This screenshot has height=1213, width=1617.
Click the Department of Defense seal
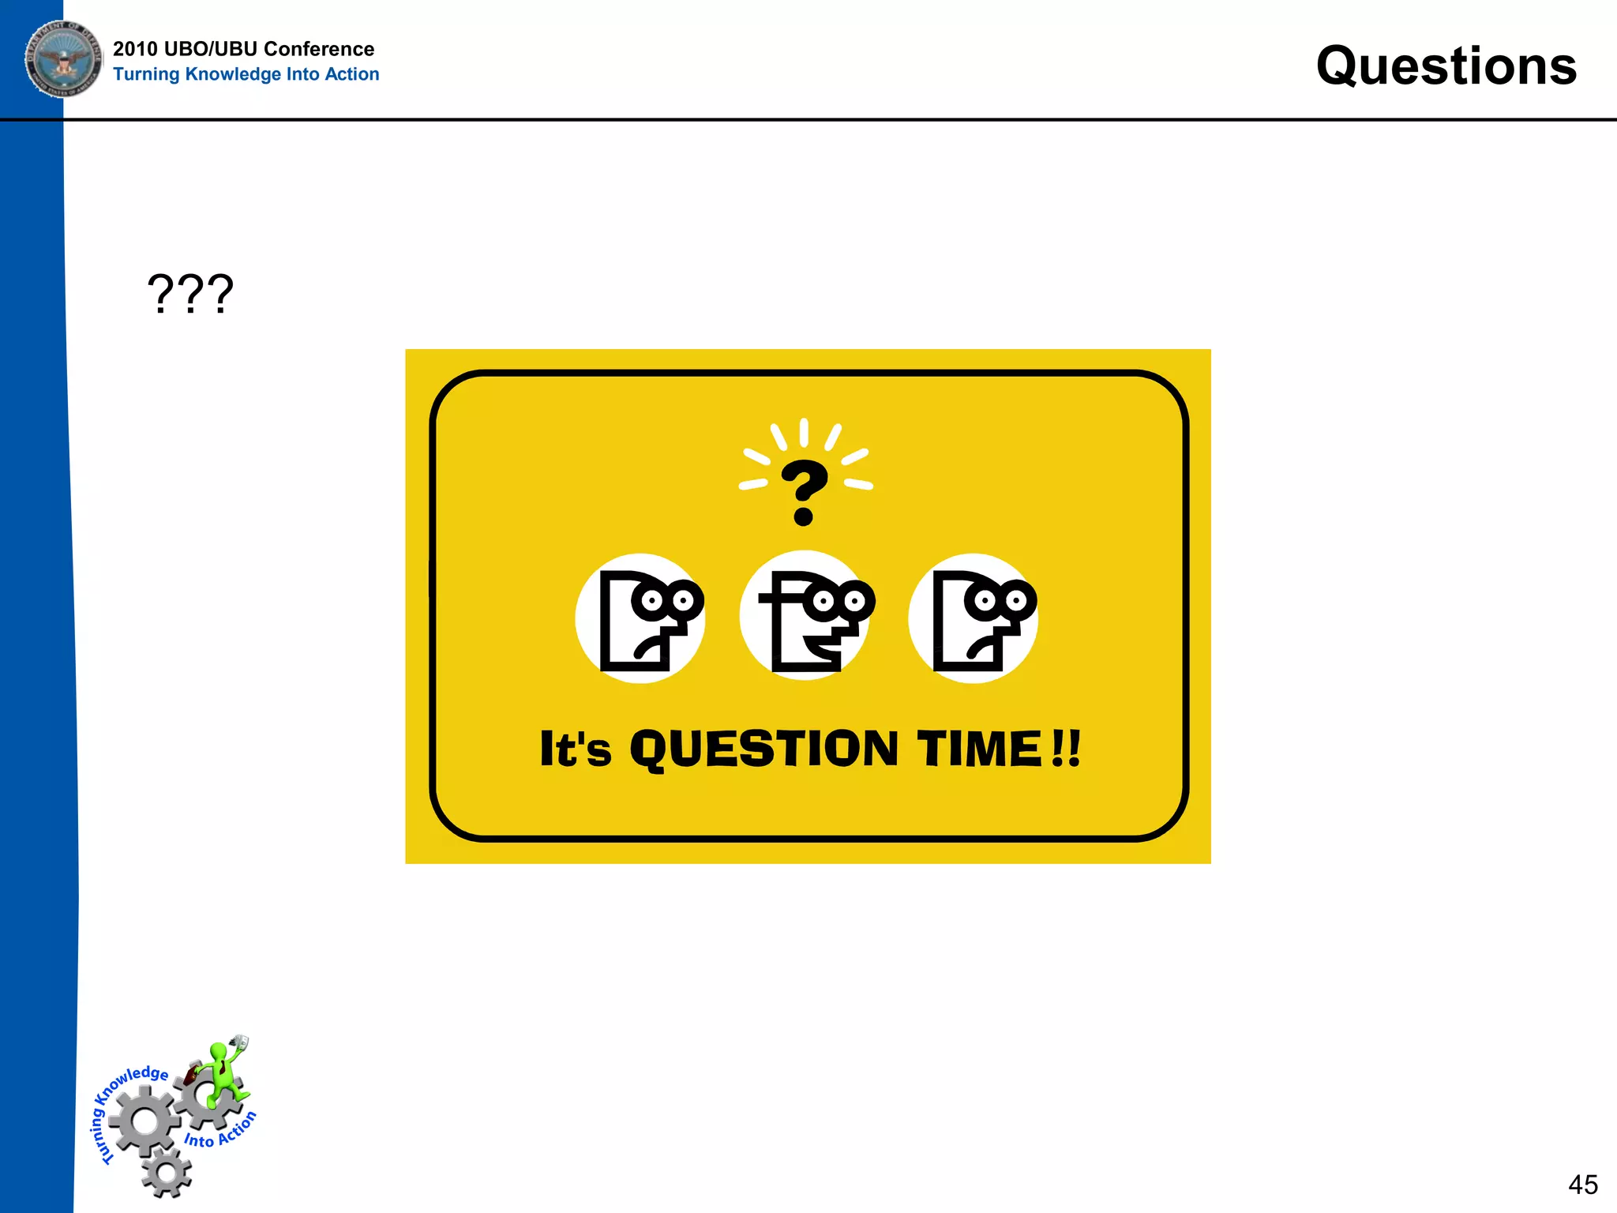point(63,58)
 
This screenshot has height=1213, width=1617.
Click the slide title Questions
point(1446,66)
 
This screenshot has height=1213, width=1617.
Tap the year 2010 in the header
point(135,49)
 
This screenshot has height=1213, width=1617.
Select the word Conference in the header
point(319,49)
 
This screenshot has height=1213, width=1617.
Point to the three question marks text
point(190,294)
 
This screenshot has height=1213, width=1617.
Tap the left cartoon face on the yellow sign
point(640,618)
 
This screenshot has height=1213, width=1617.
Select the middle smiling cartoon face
point(805,616)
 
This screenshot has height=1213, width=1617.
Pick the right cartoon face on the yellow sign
point(974,618)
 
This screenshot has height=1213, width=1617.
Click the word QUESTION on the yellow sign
point(763,749)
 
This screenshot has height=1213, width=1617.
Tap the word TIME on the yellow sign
point(979,749)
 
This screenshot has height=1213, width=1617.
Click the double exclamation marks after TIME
point(1067,749)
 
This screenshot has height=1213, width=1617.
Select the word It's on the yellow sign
point(575,749)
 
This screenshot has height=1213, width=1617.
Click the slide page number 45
point(1582,1185)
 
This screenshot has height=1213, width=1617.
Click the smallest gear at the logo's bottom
point(167,1172)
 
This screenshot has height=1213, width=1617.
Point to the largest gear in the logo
point(144,1121)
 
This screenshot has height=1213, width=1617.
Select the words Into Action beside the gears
point(220,1132)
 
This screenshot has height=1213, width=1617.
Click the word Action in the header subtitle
point(352,74)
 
